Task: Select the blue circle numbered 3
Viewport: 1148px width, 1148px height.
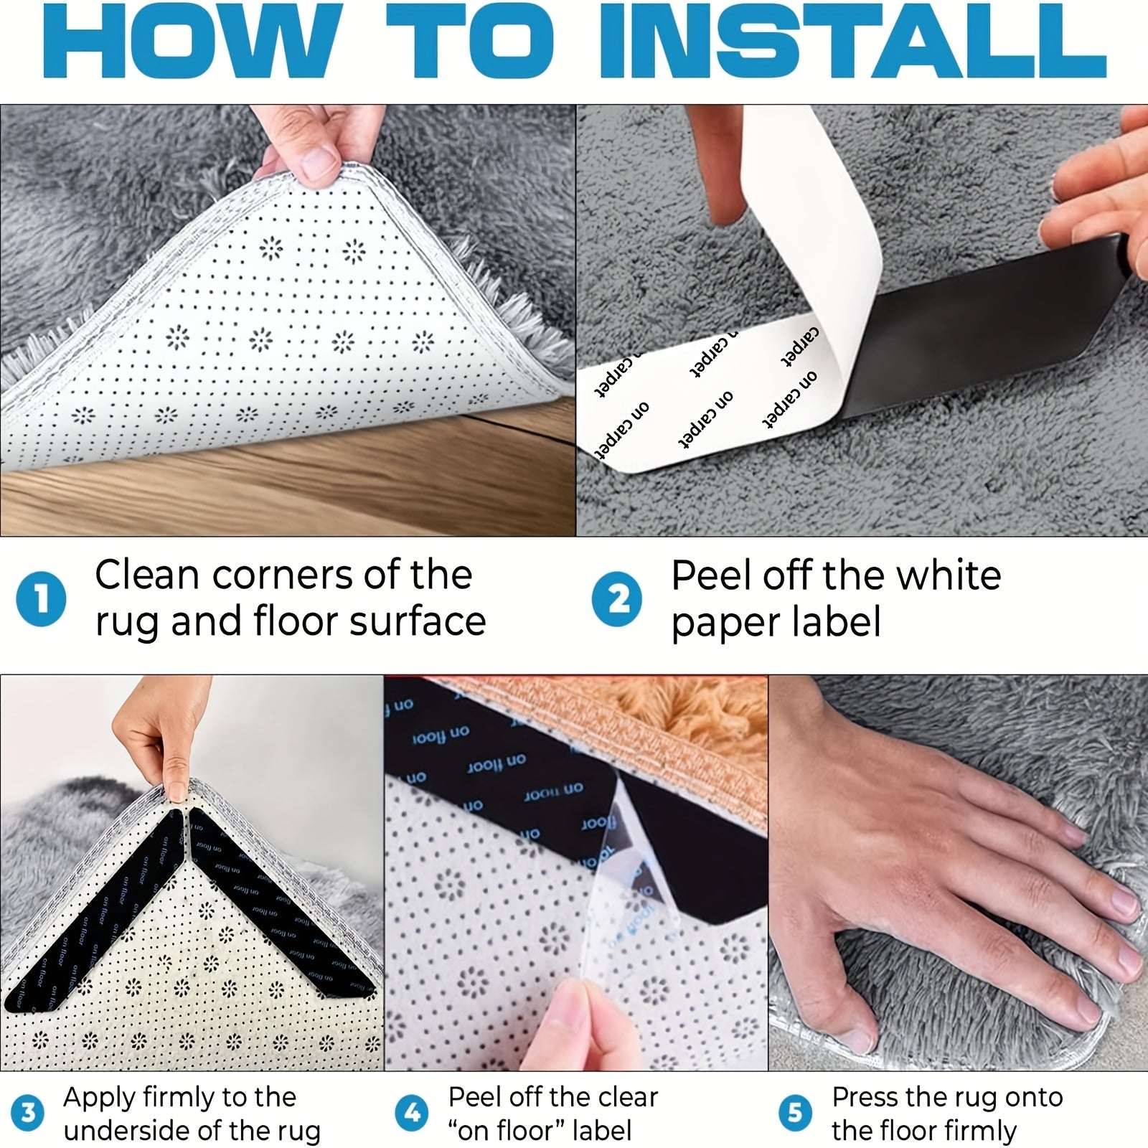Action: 28,1113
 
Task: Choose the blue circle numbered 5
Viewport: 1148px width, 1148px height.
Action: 795,1113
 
